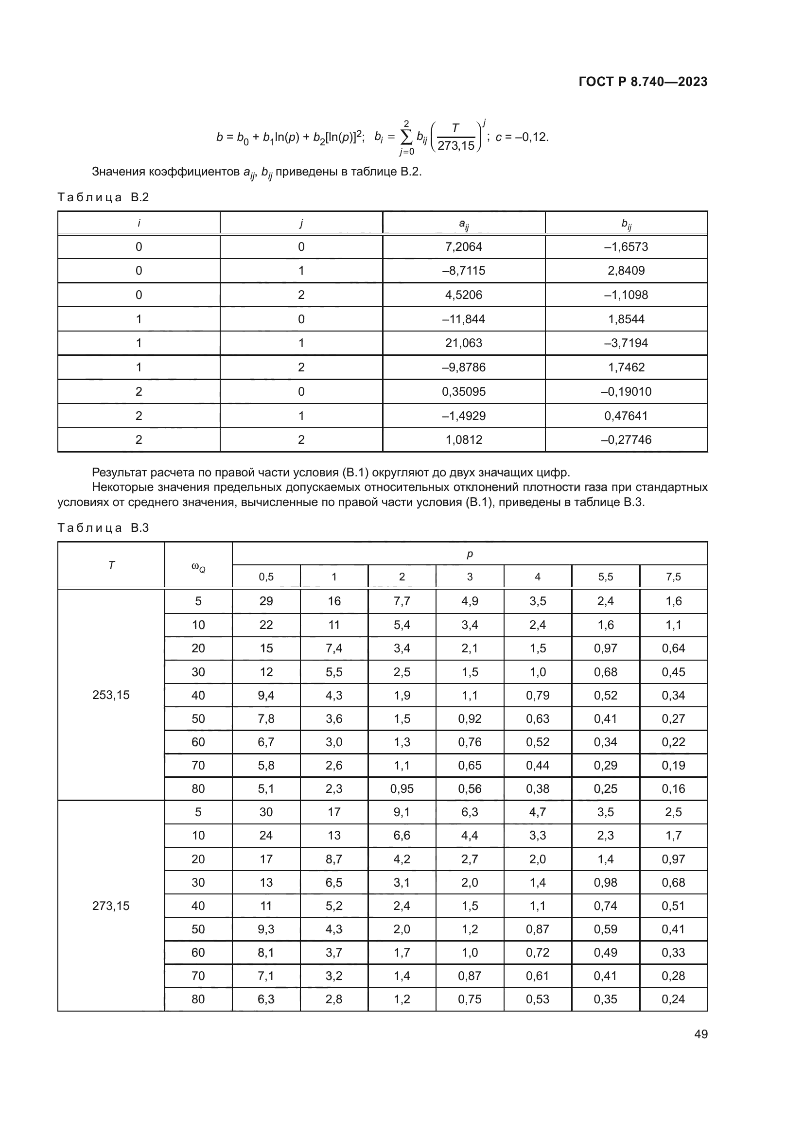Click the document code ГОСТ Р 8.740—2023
[643, 82]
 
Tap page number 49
[700, 1034]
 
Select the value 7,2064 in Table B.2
[463, 246]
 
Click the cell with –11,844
[463, 319]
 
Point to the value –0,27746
[626, 440]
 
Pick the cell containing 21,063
[463, 343]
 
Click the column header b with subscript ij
[626, 224]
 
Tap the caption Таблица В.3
[103, 528]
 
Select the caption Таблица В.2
[103, 197]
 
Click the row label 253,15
[111, 695]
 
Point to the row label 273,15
[111, 906]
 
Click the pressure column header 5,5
[606, 577]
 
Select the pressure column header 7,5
[673, 577]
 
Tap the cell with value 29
[266, 601]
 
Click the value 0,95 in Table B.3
[402, 788]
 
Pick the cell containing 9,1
[402, 812]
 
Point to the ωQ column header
[198, 565]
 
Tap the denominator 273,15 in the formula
[455, 146]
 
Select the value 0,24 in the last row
[673, 999]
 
